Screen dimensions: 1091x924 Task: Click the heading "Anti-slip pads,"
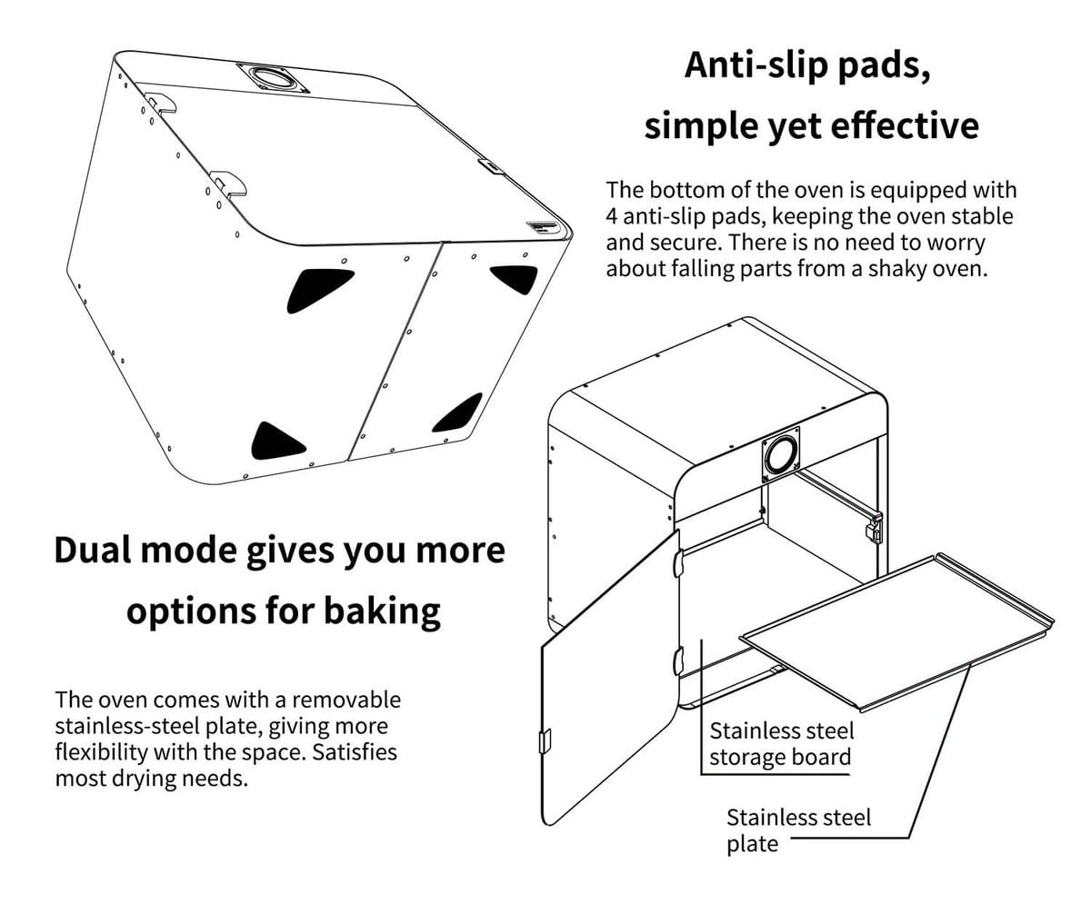[807, 66]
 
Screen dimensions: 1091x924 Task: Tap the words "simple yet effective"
[811, 125]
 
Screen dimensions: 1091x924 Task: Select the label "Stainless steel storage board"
[781, 744]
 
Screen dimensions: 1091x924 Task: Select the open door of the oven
[610, 679]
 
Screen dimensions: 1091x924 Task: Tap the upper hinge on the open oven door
[677, 562]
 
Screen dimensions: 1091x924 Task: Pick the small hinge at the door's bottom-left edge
[545, 740]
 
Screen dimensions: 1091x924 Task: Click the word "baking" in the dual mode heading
[382, 611]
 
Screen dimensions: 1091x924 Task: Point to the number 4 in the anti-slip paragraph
[611, 217]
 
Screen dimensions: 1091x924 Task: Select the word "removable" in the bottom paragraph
[346, 700]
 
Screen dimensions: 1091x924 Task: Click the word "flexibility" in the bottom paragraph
[101, 752]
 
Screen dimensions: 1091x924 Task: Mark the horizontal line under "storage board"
[776, 774]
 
